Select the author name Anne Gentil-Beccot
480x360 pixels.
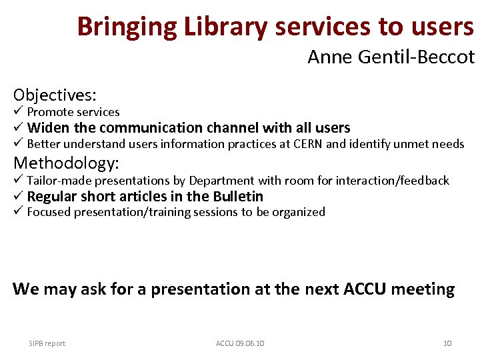pos(391,58)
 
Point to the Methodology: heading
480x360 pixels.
pos(66,163)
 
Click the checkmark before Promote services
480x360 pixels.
pos(18,111)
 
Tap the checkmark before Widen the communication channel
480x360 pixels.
pos(18,127)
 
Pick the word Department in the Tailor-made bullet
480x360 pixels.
pos(221,181)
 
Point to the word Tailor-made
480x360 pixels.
pos(59,181)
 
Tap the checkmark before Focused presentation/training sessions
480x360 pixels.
pos(18,212)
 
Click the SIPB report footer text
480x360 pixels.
pos(47,343)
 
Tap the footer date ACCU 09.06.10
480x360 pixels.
pos(240,343)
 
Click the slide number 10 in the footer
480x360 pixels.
pos(447,343)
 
